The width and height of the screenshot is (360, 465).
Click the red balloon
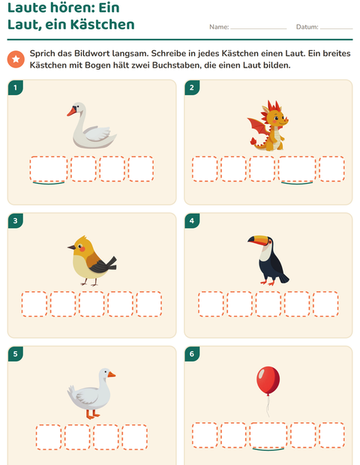(268, 380)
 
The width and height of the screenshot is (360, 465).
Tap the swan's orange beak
(72, 112)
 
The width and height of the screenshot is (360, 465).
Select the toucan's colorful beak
(258, 240)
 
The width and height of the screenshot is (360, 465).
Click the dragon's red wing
(258, 128)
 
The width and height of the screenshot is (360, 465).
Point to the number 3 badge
(16, 220)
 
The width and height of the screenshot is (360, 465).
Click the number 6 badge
(192, 354)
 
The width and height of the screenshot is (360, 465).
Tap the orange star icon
(16, 59)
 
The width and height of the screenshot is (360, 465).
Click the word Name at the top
(218, 27)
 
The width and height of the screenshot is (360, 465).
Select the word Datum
(307, 27)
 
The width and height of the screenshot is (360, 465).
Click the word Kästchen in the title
(102, 24)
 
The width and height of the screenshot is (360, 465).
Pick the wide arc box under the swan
(49, 169)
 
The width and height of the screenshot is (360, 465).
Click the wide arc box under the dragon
(297, 169)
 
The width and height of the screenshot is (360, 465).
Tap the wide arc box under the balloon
(268, 435)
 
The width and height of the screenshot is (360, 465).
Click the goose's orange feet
(93, 414)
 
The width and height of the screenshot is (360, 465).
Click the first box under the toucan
(211, 304)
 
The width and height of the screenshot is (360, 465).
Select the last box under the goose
(135, 437)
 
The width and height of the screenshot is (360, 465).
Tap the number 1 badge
(16, 88)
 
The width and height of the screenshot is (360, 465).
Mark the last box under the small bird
(149, 304)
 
